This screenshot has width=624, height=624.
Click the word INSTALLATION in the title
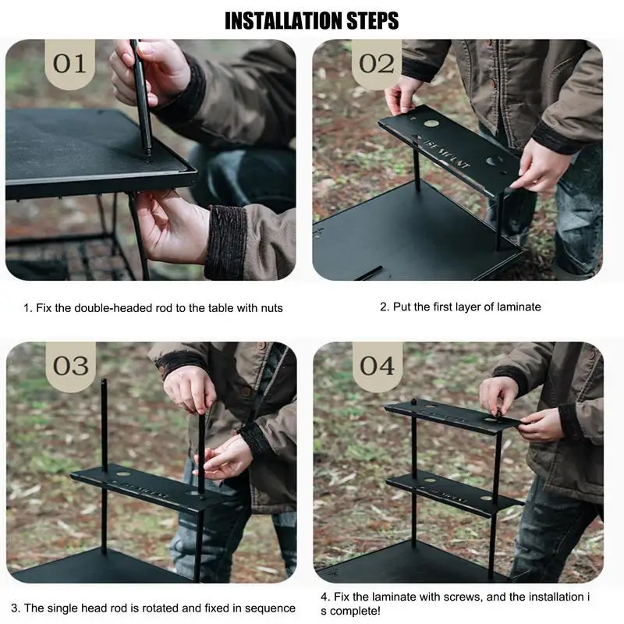tap(284, 20)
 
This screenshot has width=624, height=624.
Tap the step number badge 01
tap(69, 64)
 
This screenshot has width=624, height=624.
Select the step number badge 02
tap(377, 64)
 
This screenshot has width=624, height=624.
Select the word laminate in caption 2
tap(519, 307)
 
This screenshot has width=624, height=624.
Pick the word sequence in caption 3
tap(270, 609)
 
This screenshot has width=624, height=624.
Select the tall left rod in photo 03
tap(105, 466)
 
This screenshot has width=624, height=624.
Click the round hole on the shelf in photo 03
tap(123, 474)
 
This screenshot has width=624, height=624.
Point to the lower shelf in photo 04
tap(454, 495)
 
